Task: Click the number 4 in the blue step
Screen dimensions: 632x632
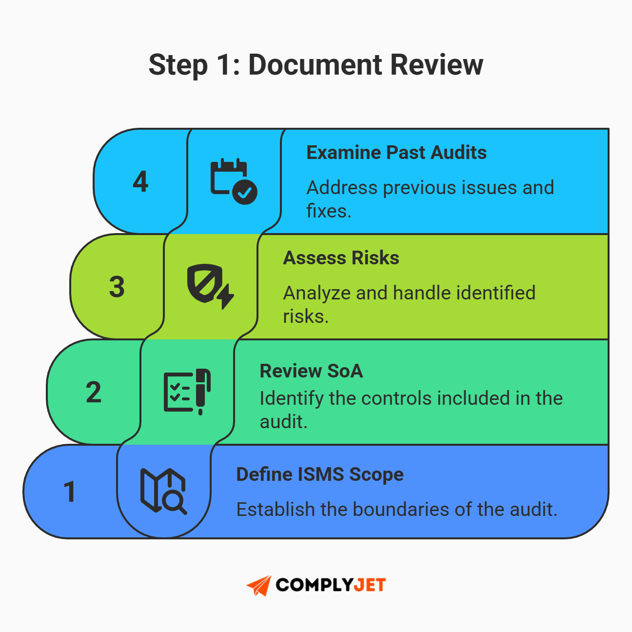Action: [140, 181]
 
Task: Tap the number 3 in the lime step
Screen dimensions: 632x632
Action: [117, 287]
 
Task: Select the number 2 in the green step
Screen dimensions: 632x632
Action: [94, 392]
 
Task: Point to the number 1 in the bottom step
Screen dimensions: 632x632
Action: [70, 492]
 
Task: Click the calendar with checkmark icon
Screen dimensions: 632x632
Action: [233, 181]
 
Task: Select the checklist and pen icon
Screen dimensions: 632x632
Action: [187, 391]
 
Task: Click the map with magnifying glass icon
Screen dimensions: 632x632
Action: [163, 491]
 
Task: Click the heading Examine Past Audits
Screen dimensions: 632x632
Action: [396, 153]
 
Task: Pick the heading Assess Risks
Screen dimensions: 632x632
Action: [341, 258]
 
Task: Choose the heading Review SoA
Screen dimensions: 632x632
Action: [311, 371]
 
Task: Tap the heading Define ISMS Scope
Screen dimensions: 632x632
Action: [319, 474]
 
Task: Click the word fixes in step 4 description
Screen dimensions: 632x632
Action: [328, 211]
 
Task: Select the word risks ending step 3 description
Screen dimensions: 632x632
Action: [305, 316]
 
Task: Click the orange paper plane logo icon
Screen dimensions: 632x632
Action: [259, 585]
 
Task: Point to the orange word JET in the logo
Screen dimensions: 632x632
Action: [369, 585]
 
